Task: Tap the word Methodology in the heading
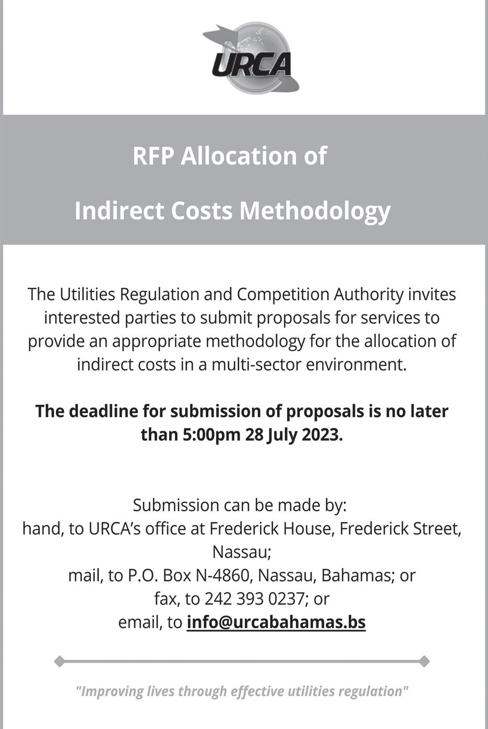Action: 315,211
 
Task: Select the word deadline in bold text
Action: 103,411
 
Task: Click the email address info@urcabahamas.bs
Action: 276,622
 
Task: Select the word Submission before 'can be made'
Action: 176,505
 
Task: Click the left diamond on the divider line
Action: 59,662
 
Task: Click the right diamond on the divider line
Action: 424,662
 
